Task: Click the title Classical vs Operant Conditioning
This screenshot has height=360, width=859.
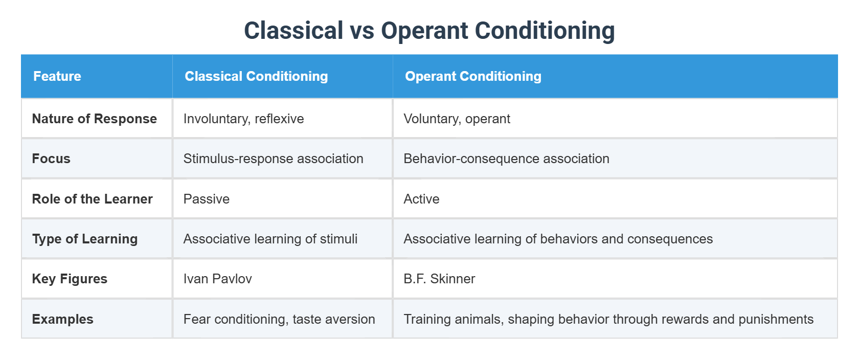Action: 429,31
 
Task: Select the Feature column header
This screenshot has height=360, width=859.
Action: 57,76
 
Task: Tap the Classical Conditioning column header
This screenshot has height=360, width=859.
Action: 256,76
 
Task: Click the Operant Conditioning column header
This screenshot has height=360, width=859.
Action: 473,76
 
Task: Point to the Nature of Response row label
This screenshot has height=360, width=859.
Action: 95,119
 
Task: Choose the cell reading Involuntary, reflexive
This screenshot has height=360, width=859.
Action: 243,119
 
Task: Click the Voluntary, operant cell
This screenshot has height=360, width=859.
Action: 457,119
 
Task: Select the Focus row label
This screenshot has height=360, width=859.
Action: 51,159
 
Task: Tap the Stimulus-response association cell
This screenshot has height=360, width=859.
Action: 273,159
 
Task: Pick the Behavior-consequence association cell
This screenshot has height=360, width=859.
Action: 506,159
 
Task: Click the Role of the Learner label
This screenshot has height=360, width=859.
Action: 93,199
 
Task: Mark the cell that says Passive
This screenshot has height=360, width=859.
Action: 207,199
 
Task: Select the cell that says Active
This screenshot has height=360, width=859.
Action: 421,199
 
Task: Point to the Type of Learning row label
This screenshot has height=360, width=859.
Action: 85,239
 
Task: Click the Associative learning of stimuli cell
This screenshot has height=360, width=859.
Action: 270,239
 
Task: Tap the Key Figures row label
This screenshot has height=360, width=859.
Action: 70,279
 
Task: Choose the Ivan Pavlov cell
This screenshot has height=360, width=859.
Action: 217,279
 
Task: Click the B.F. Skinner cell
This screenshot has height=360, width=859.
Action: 439,279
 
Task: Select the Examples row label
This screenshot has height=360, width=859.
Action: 62,319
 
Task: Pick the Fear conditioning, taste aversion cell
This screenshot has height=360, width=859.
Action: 279,319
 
